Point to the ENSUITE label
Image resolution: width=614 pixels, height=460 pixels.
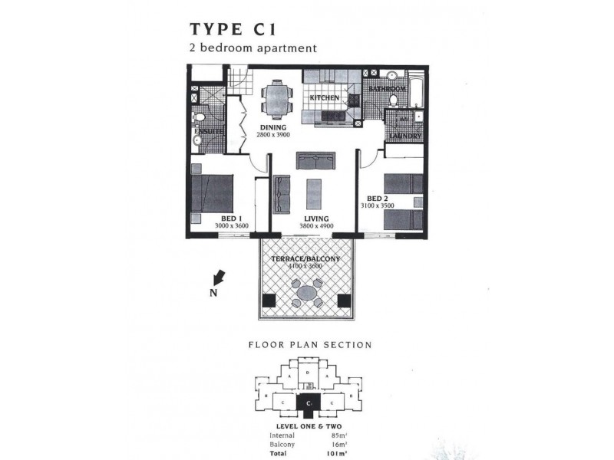click(x=208, y=131)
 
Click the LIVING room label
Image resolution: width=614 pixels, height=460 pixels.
click(x=314, y=218)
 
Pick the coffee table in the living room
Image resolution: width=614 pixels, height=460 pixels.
click(x=314, y=193)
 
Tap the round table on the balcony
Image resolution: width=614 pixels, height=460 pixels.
click(x=306, y=291)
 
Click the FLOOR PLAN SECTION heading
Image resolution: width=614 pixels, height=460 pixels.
click(x=309, y=345)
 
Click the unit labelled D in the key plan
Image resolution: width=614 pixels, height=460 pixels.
click(x=308, y=373)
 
